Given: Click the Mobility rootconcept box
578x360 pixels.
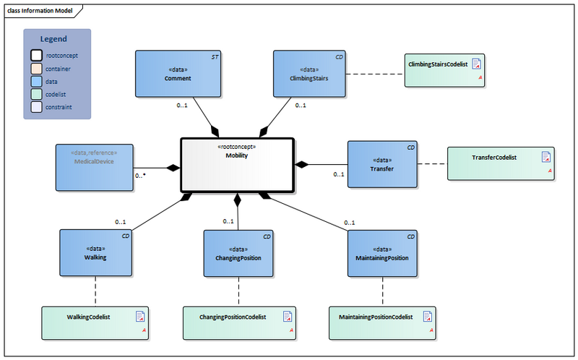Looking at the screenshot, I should point(236,166).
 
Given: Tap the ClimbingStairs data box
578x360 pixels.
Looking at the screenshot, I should point(309,74).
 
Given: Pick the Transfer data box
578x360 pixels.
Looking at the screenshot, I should point(382,165).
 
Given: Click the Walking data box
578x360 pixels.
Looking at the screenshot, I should point(95,253).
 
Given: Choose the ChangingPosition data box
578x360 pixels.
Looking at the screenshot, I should point(238,253).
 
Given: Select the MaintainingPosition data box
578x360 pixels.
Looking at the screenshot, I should point(382,253).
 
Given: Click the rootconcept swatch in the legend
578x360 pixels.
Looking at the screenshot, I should point(36,55).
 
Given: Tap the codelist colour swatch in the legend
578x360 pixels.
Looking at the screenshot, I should point(36,94).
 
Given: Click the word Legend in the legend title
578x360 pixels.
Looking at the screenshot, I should point(53,39).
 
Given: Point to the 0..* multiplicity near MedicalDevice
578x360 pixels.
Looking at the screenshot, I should point(140,175).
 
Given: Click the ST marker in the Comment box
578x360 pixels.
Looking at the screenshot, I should point(215,56).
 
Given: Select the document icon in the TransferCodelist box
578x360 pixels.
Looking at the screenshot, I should point(546,157).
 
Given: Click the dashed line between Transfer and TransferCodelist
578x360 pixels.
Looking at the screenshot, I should point(432,165).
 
